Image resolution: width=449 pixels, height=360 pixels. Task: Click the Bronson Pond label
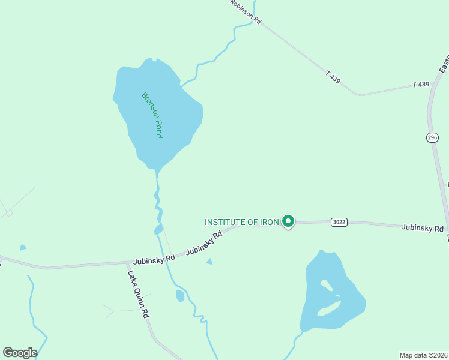(152, 115)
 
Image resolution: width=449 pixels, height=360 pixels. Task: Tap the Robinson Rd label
(246, 11)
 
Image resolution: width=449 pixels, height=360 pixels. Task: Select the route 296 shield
(433, 137)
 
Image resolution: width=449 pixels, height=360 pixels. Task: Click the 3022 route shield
(339, 222)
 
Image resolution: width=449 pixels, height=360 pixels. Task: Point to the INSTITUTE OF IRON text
(242, 222)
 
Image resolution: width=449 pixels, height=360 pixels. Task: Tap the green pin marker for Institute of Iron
(288, 221)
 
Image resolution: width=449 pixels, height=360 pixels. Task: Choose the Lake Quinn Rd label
(138, 294)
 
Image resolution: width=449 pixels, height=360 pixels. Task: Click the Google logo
(20, 353)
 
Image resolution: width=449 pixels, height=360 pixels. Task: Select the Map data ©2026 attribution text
(423, 355)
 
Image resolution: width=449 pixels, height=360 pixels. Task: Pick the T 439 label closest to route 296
(421, 85)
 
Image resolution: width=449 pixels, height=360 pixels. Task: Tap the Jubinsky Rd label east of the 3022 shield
(423, 228)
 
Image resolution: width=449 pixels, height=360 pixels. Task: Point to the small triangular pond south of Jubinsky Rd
(209, 261)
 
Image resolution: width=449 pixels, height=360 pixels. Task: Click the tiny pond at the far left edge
(23, 247)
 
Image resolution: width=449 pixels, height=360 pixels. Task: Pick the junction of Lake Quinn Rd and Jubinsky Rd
(128, 263)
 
